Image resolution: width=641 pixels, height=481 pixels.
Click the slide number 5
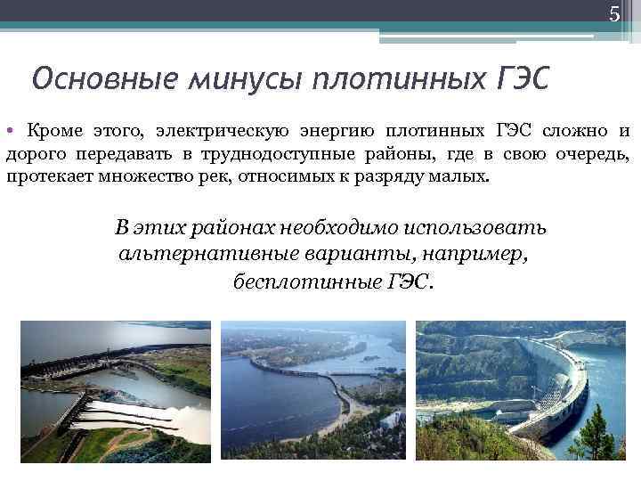(613, 14)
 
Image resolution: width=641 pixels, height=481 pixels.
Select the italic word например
(478, 255)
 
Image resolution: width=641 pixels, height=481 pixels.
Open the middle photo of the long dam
(312, 390)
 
